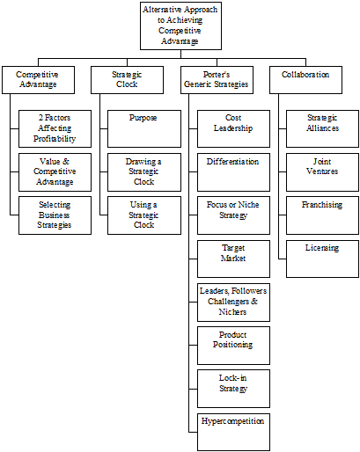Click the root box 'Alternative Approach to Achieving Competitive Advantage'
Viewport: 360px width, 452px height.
click(x=180, y=26)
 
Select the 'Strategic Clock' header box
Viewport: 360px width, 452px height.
click(x=127, y=80)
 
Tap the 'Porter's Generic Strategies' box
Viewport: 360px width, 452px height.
click(x=217, y=80)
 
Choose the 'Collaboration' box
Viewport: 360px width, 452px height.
click(x=305, y=80)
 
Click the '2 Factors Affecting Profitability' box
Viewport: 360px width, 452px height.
click(x=55, y=128)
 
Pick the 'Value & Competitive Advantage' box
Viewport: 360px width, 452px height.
click(x=55, y=172)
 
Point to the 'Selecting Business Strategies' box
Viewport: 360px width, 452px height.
click(x=55, y=215)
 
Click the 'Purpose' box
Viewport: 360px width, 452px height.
click(x=144, y=128)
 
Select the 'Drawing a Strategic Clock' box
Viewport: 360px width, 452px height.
click(x=144, y=172)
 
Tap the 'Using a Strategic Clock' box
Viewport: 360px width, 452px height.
click(x=144, y=215)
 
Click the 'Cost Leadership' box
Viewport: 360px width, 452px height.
click(x=233, y=128)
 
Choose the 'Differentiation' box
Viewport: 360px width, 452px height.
click(x=233, y=172)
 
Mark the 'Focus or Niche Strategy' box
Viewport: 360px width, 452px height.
click(x=233, y=215)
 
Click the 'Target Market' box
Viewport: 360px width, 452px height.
click(x=233, y=259)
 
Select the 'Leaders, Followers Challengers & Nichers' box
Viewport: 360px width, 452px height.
click(x=233, y=303)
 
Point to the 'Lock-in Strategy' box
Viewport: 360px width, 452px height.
click(x=233, y=389)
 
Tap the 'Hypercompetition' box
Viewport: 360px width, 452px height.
click(x=233, y=432)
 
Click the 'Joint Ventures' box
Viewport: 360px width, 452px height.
click(x=322, y=172)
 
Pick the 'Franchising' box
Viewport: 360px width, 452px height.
click(x=322, y=215)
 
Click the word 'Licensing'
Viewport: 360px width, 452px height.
click(x=322, y=248)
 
